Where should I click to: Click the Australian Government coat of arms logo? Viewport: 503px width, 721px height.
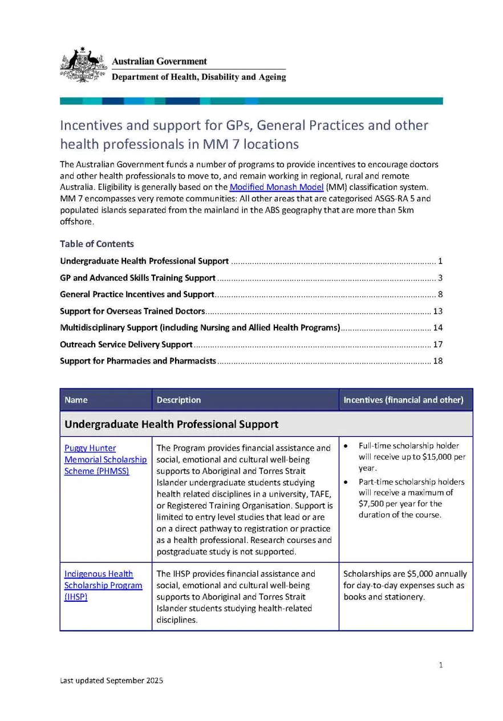pyautogui.click(x=83, y=65)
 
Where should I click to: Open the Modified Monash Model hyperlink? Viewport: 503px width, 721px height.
pyautogui.click(x=276, y=188)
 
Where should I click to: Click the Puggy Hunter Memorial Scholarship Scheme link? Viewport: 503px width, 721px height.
pyautogui.click(x=105, y=459)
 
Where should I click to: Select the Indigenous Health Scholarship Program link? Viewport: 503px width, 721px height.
pyautogui.click(x=103, y=585)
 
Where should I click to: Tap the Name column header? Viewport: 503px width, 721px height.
pyautogui.click(x=76, y=400)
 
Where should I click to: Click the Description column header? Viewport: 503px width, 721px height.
pyautogui.click(x=179, y=400)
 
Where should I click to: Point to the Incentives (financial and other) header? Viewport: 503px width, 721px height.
pyautogui.click(x=403, y=400)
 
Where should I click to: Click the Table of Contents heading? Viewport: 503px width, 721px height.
pyautogui.click(x=97, y=244)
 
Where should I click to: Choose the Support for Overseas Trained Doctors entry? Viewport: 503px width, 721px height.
pyautogui.click(x=132, y=311)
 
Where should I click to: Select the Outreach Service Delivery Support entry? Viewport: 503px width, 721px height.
pyautogui.click(x=126, y=345)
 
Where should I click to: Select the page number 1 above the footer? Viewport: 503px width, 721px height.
pyautogui.click(x=441, y=665)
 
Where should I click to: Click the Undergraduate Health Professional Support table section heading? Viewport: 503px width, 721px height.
pyautogui.click(x=172, y=424)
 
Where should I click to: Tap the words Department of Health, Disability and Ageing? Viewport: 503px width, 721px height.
pyautogui.click(x=198, y=77)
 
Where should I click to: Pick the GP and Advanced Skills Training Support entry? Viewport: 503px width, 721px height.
pyautogui.click(x=137, y=278)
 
